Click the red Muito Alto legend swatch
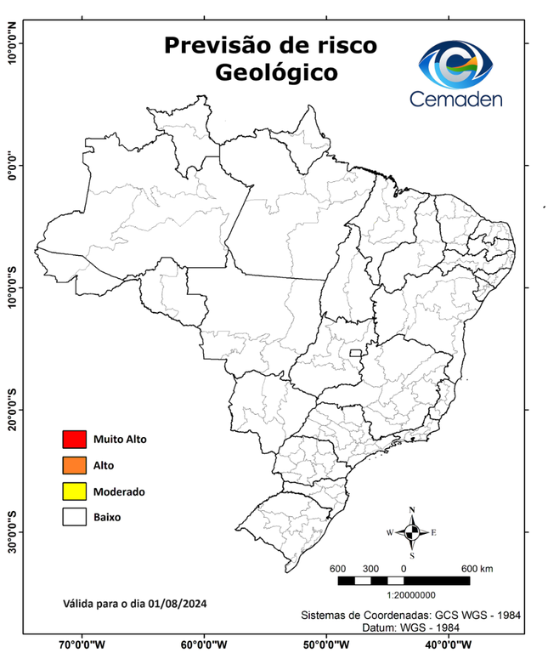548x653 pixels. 75,440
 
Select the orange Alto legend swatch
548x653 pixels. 75,465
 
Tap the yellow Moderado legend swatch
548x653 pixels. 75,491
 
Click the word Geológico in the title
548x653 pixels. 276,72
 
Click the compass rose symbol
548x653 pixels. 412,532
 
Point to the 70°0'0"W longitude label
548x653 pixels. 82,644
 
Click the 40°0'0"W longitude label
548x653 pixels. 449,644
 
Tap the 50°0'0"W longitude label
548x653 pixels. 327,644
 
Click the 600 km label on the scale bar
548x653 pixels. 477,568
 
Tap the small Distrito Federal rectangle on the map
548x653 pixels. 355,352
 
